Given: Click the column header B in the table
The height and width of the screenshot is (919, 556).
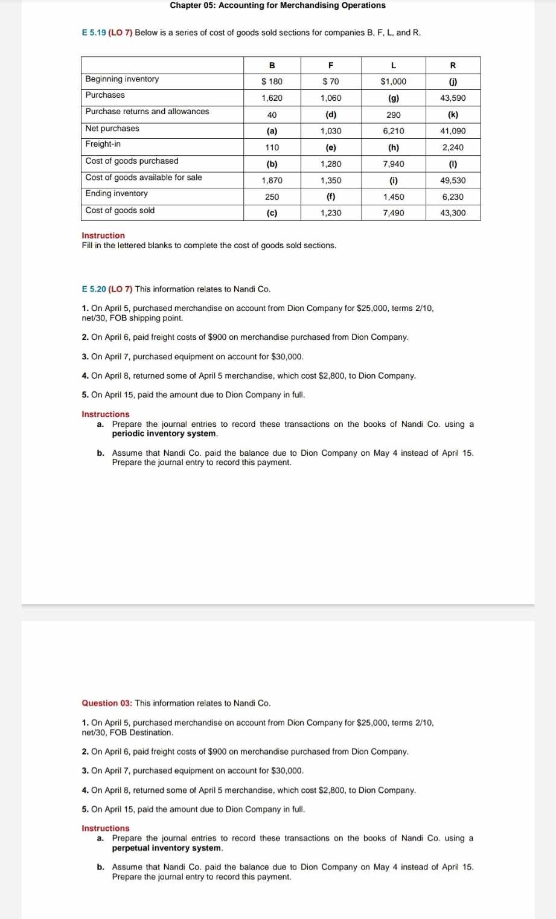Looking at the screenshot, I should coord(272,65).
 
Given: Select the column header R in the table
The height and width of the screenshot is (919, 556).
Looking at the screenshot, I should coord(453,65).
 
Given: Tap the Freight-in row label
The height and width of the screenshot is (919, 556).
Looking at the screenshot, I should coord(103,144).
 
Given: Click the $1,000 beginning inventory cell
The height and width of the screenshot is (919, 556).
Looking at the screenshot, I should coord(393,82).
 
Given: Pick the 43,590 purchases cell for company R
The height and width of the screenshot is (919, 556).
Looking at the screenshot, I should coord(453,98).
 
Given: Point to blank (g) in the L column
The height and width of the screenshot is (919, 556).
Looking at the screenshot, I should coord(393,98).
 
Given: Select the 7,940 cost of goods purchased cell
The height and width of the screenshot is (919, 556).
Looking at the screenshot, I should coord(393,164).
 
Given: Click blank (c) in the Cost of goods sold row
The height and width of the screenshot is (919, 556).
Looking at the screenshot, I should coord(272,213).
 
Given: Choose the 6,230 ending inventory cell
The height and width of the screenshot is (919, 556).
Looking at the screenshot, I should coord(453,197).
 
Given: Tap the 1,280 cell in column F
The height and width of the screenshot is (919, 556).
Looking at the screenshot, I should coord(330,164).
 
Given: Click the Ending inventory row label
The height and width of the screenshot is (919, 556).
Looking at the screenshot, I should coord(117,194).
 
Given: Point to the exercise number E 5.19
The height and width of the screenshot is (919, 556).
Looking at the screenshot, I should coord(94,33).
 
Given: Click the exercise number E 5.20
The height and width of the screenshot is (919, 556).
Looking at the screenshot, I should coord(94,289).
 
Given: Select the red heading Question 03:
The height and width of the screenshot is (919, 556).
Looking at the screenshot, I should coord(107,703).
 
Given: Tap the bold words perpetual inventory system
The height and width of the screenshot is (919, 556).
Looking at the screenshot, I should coord(167,848).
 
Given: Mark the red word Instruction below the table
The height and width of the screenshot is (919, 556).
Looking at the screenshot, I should coord(103,235).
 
